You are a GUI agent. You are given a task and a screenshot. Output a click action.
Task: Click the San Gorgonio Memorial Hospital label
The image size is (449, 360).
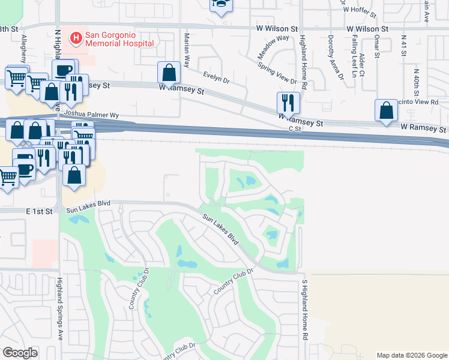(x=120, y=38)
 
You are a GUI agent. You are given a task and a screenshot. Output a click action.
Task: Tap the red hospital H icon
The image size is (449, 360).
(x=76, y=39)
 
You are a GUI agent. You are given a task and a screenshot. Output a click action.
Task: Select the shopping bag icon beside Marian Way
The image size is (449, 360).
(x=169, y=73)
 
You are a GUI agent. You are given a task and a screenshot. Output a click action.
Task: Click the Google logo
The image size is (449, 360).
(x=20, y=353)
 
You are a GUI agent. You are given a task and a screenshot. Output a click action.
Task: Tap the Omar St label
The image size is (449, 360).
(x=377, y=46)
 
